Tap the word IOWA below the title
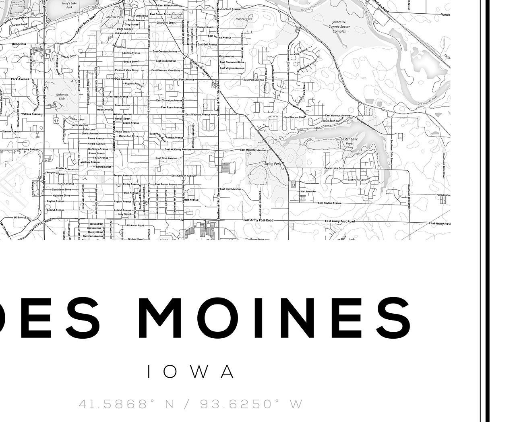tap(191, 372)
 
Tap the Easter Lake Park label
tap(346, 141)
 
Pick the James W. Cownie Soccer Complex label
tap(339, 26)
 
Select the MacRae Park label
tap(111, 17)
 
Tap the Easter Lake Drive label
tap(335, 168)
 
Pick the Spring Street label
tap(103, 166)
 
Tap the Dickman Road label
tap(135, 225)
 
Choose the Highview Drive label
tap(61, 195)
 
